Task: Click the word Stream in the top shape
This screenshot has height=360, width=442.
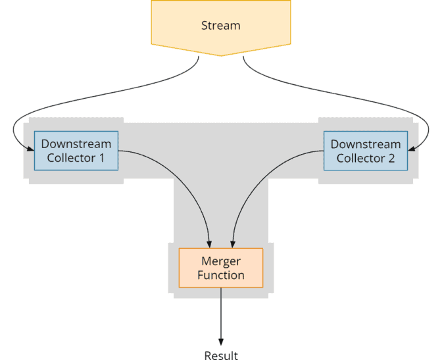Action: pos(220,26)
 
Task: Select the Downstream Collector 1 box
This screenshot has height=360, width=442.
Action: pos(76,151)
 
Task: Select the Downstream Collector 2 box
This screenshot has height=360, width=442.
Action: pos(365,151)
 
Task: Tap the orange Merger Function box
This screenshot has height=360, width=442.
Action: pos(221,268)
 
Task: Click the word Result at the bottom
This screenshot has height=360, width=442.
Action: pos(221,355)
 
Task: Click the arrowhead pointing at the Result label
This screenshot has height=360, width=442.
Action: pos(221,342)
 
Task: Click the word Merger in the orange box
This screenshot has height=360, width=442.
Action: pos(221,261)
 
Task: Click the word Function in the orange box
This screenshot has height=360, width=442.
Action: pos(221,275)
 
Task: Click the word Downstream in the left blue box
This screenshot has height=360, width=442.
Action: pos(76,143)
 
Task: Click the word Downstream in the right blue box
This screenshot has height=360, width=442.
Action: pos(365,143)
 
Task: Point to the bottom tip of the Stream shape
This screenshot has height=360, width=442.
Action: pos(221,55)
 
